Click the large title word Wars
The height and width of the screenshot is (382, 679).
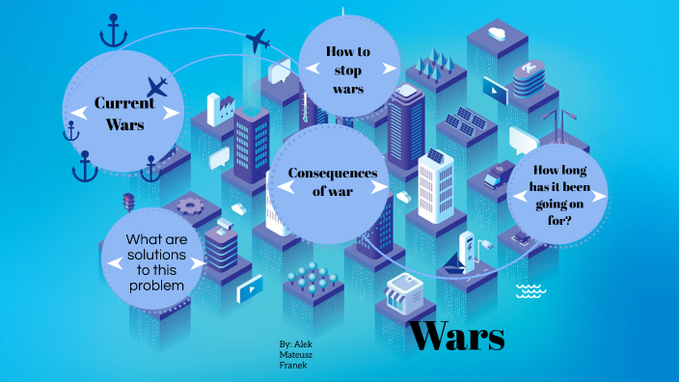click(x=456, y=337)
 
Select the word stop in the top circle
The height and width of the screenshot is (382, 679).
click(x=348, y=70)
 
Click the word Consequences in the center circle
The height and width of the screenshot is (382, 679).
click(x=331, y=173)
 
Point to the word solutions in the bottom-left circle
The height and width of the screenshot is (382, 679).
click(x=155, y=252)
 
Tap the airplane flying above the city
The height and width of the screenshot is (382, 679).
click(x=258, y=41)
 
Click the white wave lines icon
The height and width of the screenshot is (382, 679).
click(x=530, y=291)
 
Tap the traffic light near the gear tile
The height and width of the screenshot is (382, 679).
click(x=128, y=203)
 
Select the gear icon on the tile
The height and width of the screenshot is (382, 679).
click(x=189, y=205)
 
